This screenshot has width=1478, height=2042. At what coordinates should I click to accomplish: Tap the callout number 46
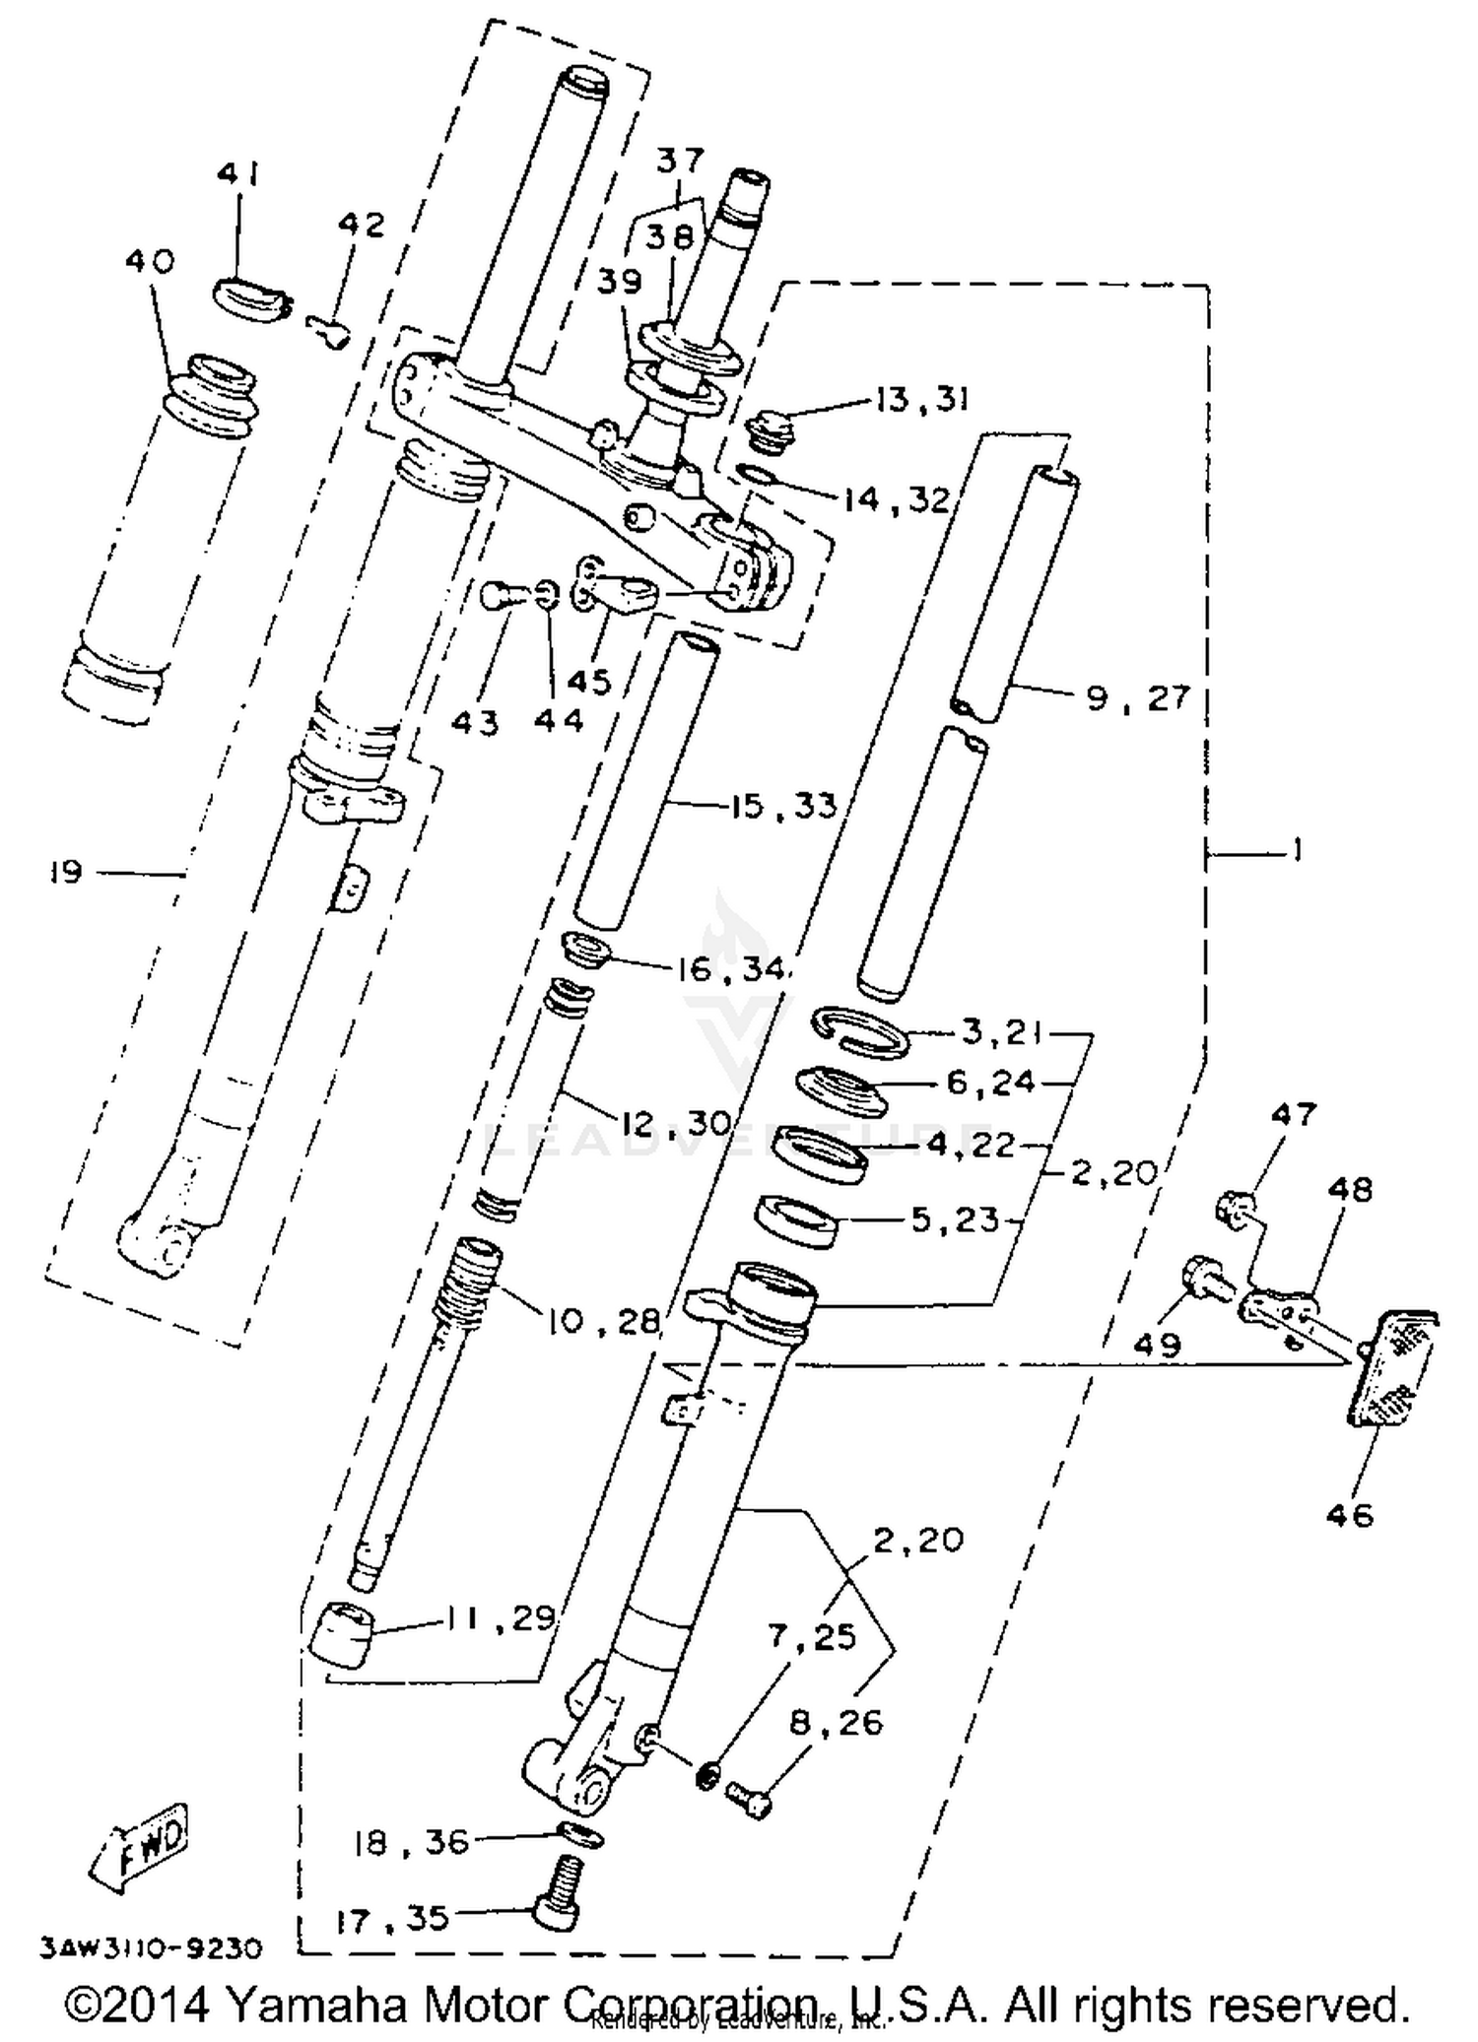[1350, 1515]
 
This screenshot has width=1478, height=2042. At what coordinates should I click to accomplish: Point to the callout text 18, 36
[412, 1841]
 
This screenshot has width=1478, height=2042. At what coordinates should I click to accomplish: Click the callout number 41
[237, 175]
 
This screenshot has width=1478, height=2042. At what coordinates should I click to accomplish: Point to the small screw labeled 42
[330, 332]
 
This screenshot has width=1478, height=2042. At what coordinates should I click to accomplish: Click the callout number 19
[65, 872]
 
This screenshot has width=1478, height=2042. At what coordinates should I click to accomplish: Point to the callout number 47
[1293, 1114]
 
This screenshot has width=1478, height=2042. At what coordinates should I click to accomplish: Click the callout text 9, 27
[1137, 698]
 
